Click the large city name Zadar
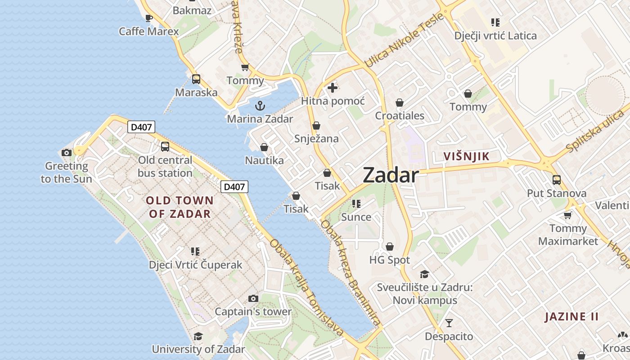click(391, 175)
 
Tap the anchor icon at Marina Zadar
click(260, 106)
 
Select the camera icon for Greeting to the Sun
click(67, 153)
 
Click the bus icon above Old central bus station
click(165, 147)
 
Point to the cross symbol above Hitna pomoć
click(333, 88)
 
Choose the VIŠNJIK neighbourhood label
click(466, 157)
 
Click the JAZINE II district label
click(571, 317)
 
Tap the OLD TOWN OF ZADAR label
click(180, 207)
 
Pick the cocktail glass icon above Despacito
click(449, 323)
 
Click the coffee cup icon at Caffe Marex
click(148, 18)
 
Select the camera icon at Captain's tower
click(253, 298)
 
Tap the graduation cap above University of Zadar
click(198, 336)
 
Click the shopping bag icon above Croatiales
click(399, 103)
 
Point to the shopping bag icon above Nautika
click(264, 147)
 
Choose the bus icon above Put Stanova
click(557, 180)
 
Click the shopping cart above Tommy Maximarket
click(567, 215)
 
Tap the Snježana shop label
click(316, 139)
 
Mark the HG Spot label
click(390, 260)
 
